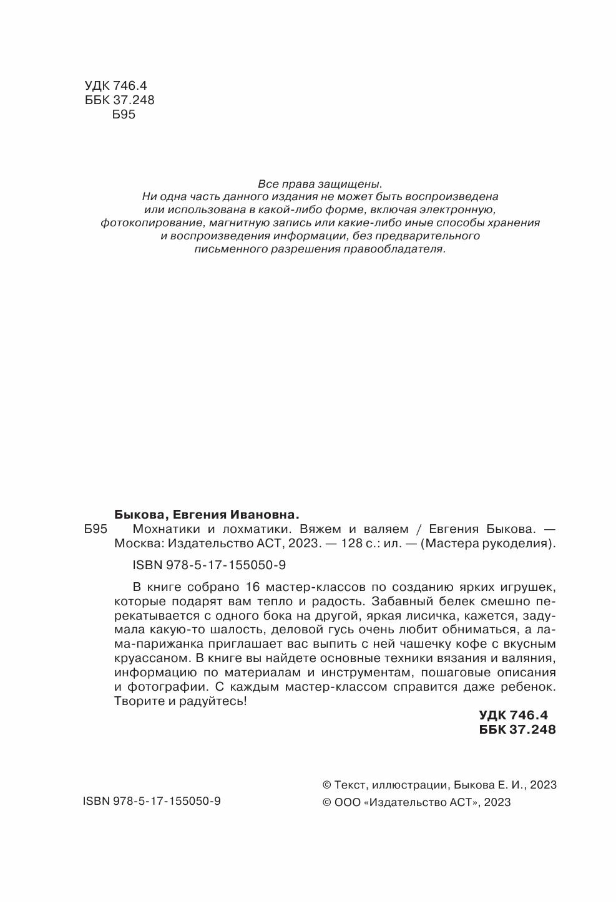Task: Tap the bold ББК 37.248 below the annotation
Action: [517, 729]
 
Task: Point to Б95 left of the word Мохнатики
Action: [95, 529]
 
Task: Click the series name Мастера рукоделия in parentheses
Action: [488, 544]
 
